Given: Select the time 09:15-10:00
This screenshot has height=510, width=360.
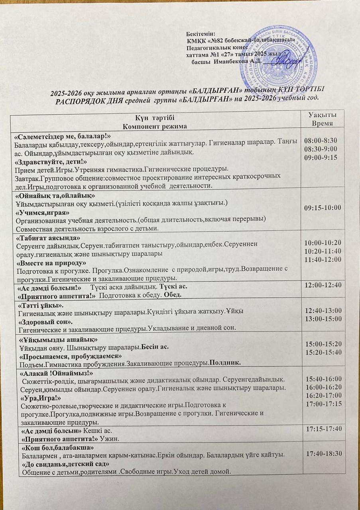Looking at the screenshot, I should tap(323, 208).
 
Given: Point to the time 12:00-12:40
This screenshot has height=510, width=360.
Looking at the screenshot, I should tap(323, 286).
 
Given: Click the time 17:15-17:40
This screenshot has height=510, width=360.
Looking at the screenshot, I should tap(323, 430).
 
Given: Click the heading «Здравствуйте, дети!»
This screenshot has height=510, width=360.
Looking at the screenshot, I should tap(51, 163).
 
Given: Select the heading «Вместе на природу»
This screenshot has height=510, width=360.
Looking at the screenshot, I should tap(51, 263).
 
